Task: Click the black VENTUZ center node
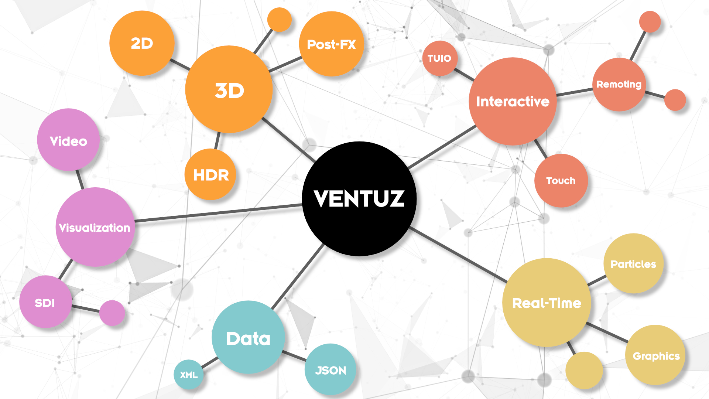point(359,199)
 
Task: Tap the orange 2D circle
point(142,43)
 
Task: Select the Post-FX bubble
point(331,44)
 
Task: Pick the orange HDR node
point(210,175)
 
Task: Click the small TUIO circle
point(439,58)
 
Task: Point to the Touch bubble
point(561,181)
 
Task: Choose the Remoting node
point(619,85)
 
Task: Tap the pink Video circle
point(68,140)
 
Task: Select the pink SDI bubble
point(45,302)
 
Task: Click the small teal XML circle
point(189,375)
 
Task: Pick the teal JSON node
point(330,369)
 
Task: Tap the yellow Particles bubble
point(633,263)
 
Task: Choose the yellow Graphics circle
point(656,355)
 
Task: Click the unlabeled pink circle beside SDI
point(112,313)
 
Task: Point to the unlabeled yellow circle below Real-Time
point(584,370)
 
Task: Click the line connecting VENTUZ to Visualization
point(218,213)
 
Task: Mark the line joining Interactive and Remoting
point(574,92)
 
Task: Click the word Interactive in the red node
point(513,102)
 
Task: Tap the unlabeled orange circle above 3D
point(279,20)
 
